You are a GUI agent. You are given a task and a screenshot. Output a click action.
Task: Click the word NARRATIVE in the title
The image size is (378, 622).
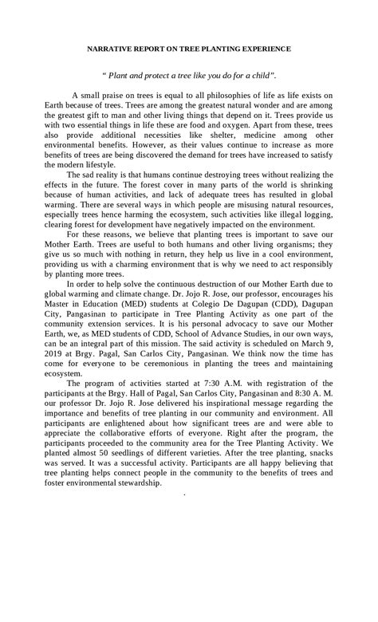112,49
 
